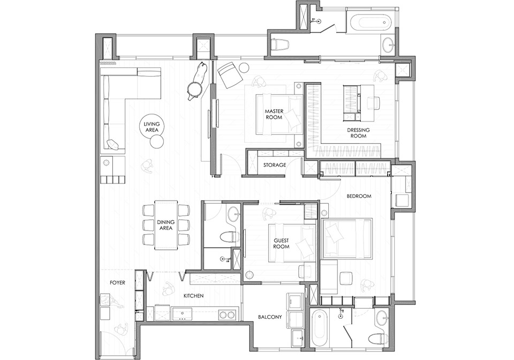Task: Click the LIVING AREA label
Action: click(152, 127)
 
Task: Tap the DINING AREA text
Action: click(166, 225)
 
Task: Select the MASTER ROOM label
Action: click(274, 114)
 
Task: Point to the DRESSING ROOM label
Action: click(358, 132)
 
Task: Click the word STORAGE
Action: click(275, 165)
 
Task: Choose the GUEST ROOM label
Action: click(281, 243)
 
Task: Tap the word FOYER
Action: click(117, 282)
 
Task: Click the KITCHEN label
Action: click(193, 295)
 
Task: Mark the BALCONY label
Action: click(270, 317)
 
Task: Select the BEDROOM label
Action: click(359, 196)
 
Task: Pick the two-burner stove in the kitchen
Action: click(227, 315)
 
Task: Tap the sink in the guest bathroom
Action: click(233, 215)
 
